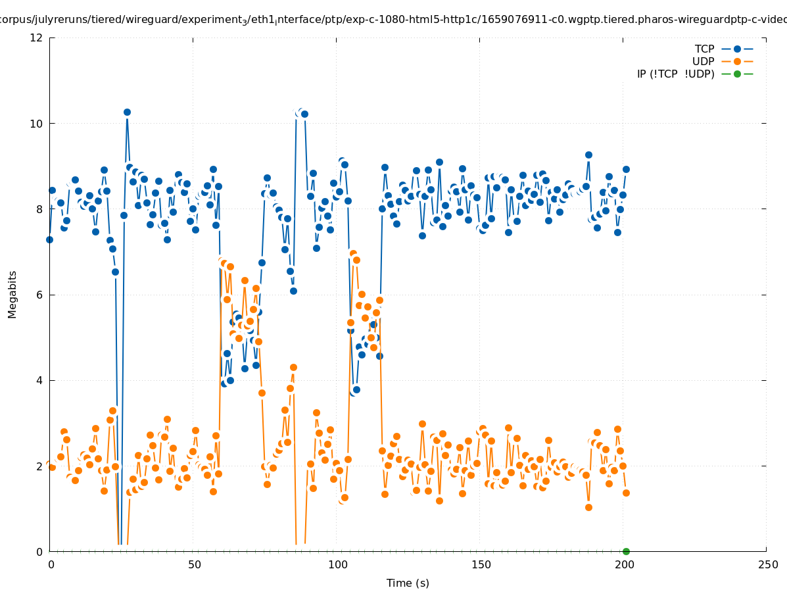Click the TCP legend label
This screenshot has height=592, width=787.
pos(704,49)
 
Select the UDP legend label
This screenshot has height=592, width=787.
pos(703,61)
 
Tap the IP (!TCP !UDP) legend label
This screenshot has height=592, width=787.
pos(675,74)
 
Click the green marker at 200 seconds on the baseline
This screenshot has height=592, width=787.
pos(626,551)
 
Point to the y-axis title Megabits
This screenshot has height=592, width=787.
pos(12,294)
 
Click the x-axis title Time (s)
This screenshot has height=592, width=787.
pos(408,583)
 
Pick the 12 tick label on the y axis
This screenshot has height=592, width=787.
pos(37,37)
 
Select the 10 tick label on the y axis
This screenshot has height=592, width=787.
pos(37,123)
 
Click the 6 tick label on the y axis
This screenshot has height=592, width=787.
pos(39,295)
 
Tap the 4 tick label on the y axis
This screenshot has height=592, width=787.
pos(39,380)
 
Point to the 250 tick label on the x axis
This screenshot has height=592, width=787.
pos(767,564)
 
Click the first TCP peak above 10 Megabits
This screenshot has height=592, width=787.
pos(127,112)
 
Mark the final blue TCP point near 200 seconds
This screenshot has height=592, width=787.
pos(626,169)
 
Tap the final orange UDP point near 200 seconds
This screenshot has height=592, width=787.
pos(626,493)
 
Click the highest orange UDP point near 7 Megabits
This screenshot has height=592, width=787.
pos(353,253)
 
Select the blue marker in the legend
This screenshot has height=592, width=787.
pos(737,49)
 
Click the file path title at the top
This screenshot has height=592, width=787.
pos(393,20)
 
